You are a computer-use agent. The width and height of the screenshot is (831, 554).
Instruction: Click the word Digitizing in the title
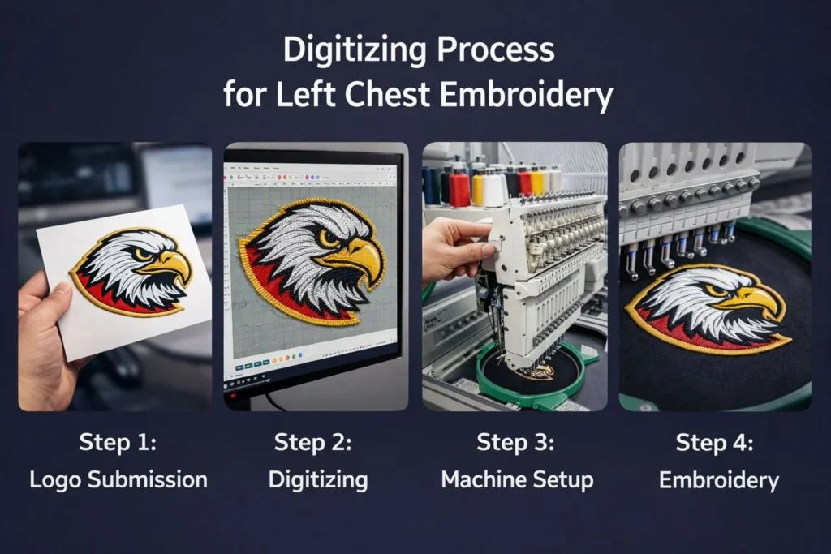(355, 51)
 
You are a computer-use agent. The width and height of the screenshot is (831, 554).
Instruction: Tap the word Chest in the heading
(387, 95)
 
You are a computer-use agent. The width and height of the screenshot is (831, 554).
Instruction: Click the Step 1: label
(118, 442)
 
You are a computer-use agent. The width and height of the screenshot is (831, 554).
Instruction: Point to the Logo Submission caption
(118, 480)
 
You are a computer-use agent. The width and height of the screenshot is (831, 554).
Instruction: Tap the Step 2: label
(312, 442)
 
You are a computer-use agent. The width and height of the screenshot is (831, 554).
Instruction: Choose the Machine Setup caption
(517, 480)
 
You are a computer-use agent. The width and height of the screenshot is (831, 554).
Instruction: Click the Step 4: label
(714, 442)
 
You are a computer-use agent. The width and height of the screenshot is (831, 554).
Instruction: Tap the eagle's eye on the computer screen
(329, 237)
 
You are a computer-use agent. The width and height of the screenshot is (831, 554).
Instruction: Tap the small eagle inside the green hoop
(538, 371)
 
